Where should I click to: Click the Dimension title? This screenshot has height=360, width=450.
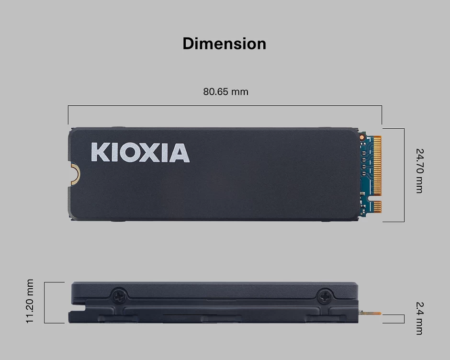pyautogui.click(x=224, y=44)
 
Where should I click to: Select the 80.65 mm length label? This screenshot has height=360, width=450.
pyautogui.click(x=225, y=91)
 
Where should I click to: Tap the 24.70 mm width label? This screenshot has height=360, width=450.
pyautogui.click(x=419, y=171)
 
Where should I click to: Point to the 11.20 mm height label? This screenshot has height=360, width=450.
pyautogui.click(x=30, y=301)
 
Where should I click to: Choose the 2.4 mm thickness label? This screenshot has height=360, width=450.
pyautogui.click(x=419, y=318)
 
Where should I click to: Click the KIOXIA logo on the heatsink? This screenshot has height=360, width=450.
pyautogui.click(x=140, y=153)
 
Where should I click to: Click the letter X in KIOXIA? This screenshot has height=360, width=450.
pyautogui.click(x=149, y=153)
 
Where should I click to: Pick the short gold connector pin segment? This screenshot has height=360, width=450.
pyautogui.click(x=377, y=207)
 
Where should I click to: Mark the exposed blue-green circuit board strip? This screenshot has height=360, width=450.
pyautogui.click(x=365, y=175)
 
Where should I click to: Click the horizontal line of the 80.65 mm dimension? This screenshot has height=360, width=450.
pyautogui.click(x=225, y=106)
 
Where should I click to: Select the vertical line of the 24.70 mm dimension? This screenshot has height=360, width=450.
pyautogui.click(x=404, y=175)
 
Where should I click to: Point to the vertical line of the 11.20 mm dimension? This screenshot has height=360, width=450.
pyautogui.click(x=45, y=303)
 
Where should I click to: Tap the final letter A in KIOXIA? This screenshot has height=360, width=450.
pyautogui.click(x=179, y=153)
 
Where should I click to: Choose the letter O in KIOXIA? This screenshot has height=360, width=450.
pyautogui.click(x=128, y=153)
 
